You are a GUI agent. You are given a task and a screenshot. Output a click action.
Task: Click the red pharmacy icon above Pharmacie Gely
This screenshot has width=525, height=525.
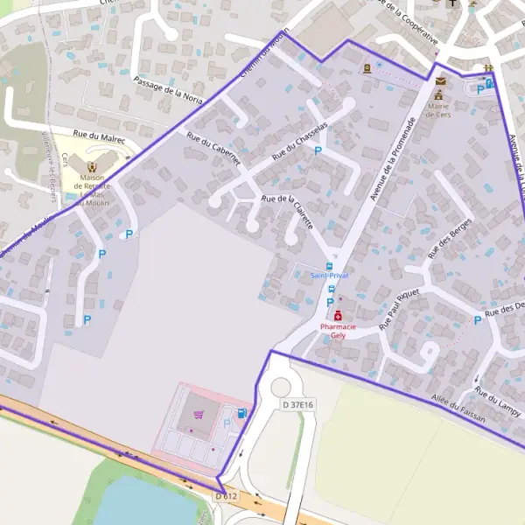[x=338, y=315]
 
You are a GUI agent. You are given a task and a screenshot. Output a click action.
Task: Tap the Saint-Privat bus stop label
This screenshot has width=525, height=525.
[x=329, y=275]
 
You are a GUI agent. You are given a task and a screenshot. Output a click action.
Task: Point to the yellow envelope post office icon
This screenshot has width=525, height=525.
[x=440, y=80]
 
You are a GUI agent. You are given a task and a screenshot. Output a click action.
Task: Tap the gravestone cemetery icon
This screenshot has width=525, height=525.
[x=367, y=67]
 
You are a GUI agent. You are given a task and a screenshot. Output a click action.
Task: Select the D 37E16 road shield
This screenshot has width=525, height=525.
[x=297, y=404]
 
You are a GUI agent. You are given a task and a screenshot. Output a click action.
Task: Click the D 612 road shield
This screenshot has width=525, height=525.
[x=226, y=496]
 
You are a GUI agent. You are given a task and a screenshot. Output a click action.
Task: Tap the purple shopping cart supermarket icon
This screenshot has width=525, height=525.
[x=198, y=415]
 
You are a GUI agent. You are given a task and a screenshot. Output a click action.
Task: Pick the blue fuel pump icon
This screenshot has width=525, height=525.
[x=241, y=413]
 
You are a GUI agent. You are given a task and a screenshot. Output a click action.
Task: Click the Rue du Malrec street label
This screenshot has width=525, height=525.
[x=99, y=137]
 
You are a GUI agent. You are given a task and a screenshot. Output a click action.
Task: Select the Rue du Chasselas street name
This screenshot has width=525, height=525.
[x=300, y=140]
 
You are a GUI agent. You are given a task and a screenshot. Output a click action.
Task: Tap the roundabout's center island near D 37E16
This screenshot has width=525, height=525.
[x=280, y=388]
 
